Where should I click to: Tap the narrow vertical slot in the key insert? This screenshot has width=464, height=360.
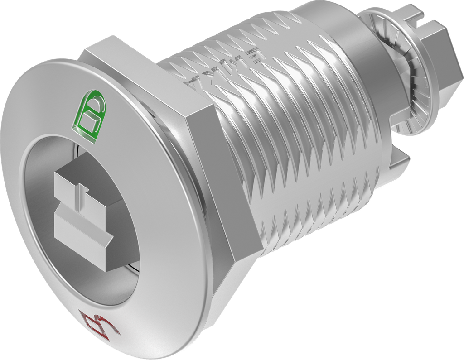tap(83, 200)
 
